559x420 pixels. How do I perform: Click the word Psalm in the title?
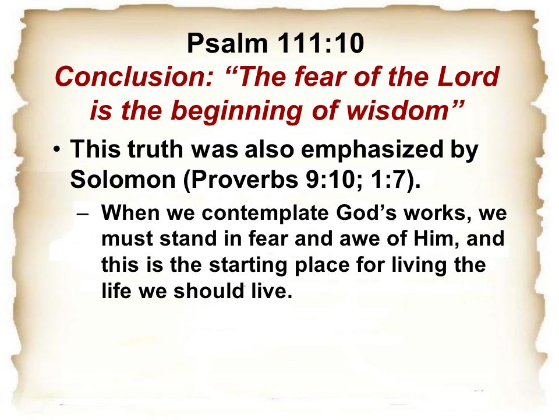[x=227, y=43]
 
